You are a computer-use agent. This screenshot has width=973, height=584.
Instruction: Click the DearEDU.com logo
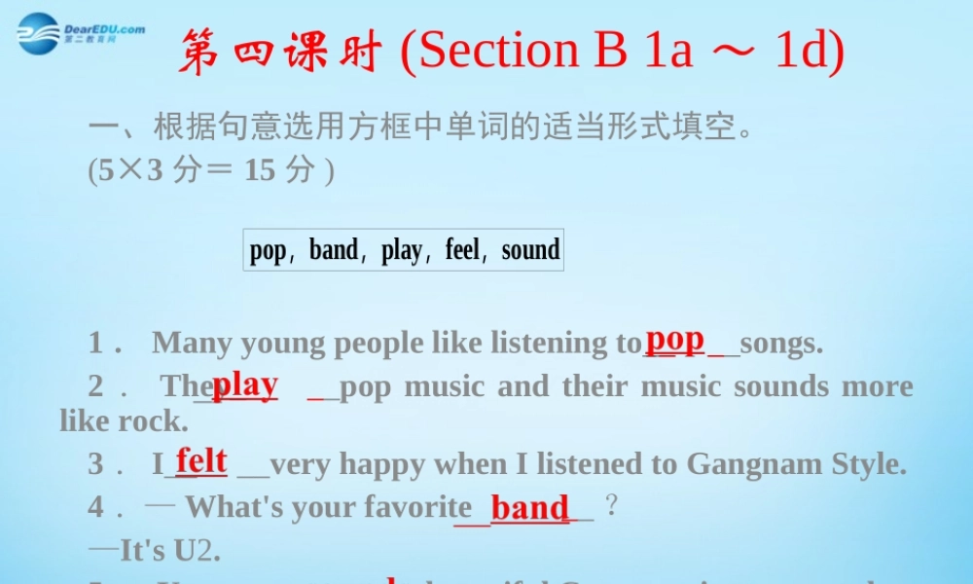[x=80, y=33]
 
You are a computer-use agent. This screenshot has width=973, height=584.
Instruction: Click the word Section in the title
[x=499, y=52]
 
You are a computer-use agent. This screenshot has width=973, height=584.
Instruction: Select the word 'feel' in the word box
[x=462, y=250]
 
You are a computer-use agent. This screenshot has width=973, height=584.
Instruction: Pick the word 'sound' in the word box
[x=530, y=250]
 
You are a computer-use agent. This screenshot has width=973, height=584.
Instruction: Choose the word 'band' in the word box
[x=334, y=250]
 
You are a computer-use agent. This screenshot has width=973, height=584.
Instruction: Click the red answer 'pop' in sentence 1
[x=674, y=339]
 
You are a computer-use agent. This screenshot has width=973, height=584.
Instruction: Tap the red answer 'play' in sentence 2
[x=244, y=384]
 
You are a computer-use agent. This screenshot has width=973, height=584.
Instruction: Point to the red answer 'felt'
[x=201, y=460]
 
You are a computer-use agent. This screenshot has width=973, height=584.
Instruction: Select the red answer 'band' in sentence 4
[x=529, y=507]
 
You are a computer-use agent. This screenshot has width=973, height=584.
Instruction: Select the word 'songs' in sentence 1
[x=781, y=343]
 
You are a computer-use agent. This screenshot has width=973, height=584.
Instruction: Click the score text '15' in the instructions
[x=260, y=170]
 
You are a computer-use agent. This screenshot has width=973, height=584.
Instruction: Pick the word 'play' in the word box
[x=402, y=250]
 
